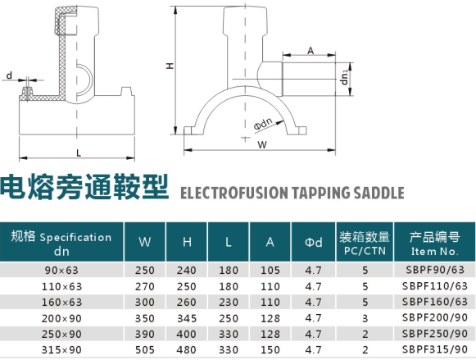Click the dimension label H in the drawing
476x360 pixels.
[170, 66]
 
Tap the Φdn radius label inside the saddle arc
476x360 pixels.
[263, 124]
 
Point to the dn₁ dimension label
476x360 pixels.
[344, 77]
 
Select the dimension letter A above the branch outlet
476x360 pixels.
[311, 50]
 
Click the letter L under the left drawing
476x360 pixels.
[79, 153]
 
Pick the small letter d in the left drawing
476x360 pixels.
[9, 75]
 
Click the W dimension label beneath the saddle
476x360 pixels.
[262, 144]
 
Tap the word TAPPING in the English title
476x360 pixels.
[320, 193]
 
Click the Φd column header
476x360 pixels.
[313, 242]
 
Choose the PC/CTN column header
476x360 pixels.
[365, 251]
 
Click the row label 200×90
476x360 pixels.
[61, 318]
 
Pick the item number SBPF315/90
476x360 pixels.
[435, 349]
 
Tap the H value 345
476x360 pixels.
[187, 318]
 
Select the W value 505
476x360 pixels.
[145, 349]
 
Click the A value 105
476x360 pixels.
[270, 270]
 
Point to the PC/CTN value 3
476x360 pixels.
[365, 318]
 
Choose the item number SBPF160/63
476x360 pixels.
[435, 302]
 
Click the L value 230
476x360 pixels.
[229, 303]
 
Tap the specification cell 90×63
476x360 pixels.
[61, 270]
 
